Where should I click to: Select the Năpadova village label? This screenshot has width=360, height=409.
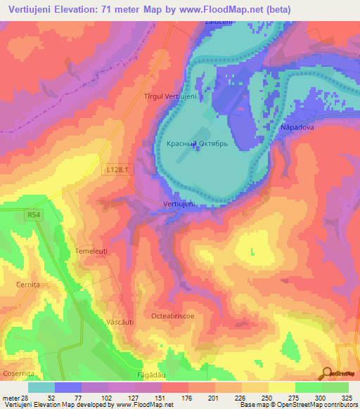(x=297, y=128)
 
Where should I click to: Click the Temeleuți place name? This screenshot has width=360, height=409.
(x=93, y=250)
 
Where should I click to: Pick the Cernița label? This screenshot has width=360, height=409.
(x=29, y=284)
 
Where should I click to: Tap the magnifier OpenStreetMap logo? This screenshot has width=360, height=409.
(x=326, y=373)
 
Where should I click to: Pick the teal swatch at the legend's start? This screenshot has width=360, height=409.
(x=41, y=387)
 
